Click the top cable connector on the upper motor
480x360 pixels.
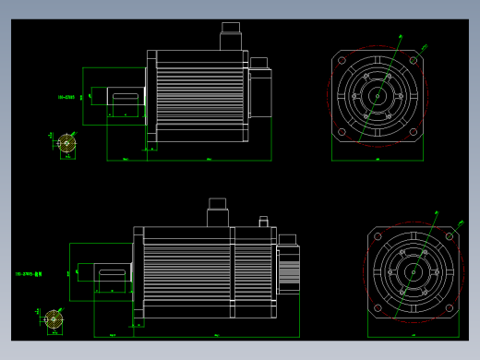click(x=230, y=39)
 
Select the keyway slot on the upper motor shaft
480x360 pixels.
click(x=125, y=94)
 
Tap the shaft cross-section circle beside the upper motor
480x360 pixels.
click(x=66, y=143)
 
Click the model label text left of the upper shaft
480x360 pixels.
click(x=66, y=96)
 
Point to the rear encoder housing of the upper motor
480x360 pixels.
click(x=259, y=92)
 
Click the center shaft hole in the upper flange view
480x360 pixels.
click(x=377, y=95)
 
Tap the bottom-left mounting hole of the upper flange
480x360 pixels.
click(x=342, y=131)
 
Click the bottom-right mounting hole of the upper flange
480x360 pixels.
click(x=413, y=131)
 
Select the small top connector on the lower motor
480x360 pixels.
click(x=263, y=222)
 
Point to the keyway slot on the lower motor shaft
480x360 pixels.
click(x=112, y=274)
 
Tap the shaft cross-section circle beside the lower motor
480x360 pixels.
click(x=54, y=319)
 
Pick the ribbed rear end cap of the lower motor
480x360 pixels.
click(x=288, y=269)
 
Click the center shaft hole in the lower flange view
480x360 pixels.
click(x=413, y=272)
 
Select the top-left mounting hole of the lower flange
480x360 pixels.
click(x=378, y=237)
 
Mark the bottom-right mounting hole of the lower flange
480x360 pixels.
click(x=449, y=307)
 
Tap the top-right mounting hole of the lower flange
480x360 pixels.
click(x=449, y=237)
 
